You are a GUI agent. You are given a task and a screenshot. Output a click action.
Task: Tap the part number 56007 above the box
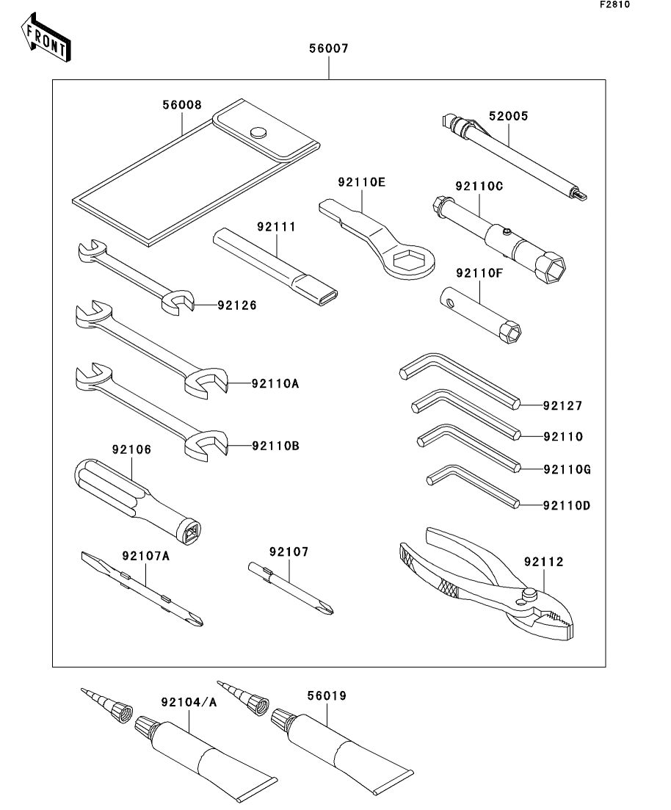328,49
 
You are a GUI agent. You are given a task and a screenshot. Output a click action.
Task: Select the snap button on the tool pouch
258,133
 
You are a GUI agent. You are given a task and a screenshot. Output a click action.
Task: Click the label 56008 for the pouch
181,105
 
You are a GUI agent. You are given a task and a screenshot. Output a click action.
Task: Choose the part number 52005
509,116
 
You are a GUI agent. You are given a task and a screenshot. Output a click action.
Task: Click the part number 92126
237,305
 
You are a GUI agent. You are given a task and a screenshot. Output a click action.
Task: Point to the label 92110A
275,383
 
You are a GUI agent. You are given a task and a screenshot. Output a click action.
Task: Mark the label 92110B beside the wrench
275,446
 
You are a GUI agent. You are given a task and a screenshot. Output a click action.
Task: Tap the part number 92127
563,405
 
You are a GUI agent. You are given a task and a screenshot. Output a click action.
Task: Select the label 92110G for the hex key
567,469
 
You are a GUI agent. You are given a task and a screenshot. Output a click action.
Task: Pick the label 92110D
567,505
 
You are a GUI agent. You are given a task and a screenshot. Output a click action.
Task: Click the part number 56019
328,695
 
